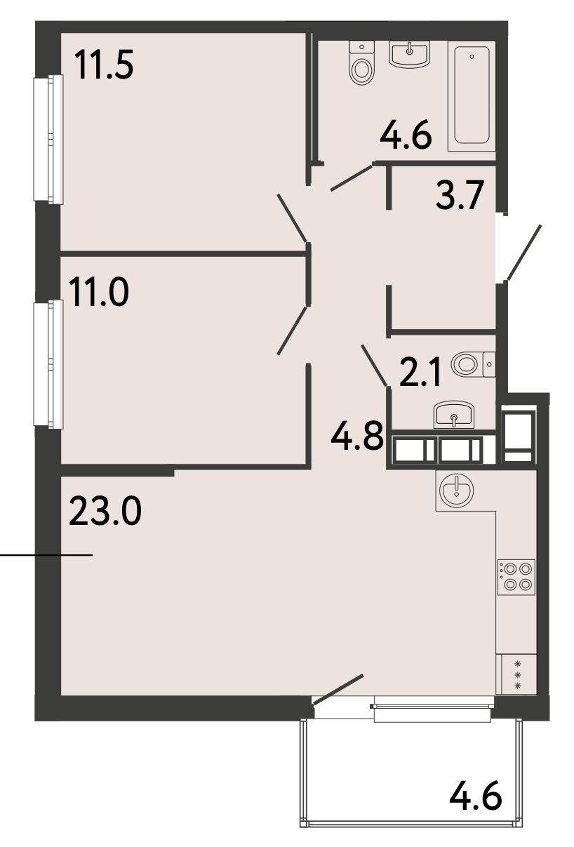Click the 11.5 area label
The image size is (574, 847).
(x=104, y=65)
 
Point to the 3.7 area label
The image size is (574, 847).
(x=460, y=195)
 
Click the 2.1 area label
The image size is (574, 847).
(x=420, y=372)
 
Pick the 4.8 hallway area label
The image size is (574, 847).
(x=357, y=436)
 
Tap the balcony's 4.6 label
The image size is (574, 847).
(x=476, y=796)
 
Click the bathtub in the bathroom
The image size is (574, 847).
(x=472, y=96)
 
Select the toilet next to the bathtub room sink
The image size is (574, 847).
(x=362, y=62)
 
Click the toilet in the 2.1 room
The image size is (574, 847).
(x=474, y=364)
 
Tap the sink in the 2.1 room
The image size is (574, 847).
(x=454, y=415)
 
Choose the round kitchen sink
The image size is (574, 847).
(x=457, y=491)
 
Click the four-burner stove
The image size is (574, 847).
(x=516, y=577)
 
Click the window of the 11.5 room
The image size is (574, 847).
(x=48, y=139)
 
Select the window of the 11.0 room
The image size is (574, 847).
(x=48, y=364)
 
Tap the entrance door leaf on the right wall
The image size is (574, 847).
(x=523, y=253)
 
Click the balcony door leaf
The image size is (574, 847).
(x=338, y=690)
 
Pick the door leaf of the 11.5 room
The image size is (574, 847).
(x=292, y=218)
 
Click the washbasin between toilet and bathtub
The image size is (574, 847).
(x=410, y=55)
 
